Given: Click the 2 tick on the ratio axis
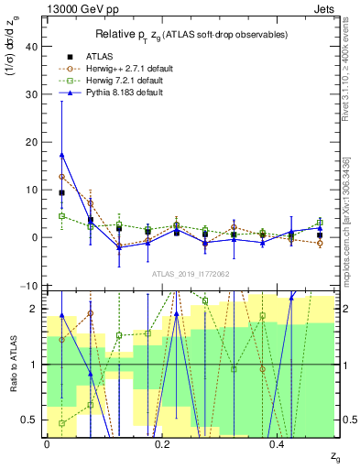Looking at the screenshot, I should click(x=37, y=309).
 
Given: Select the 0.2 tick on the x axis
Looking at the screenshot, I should click(x=162, y=444).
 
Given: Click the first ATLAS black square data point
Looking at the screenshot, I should click(x=61, y=193).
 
